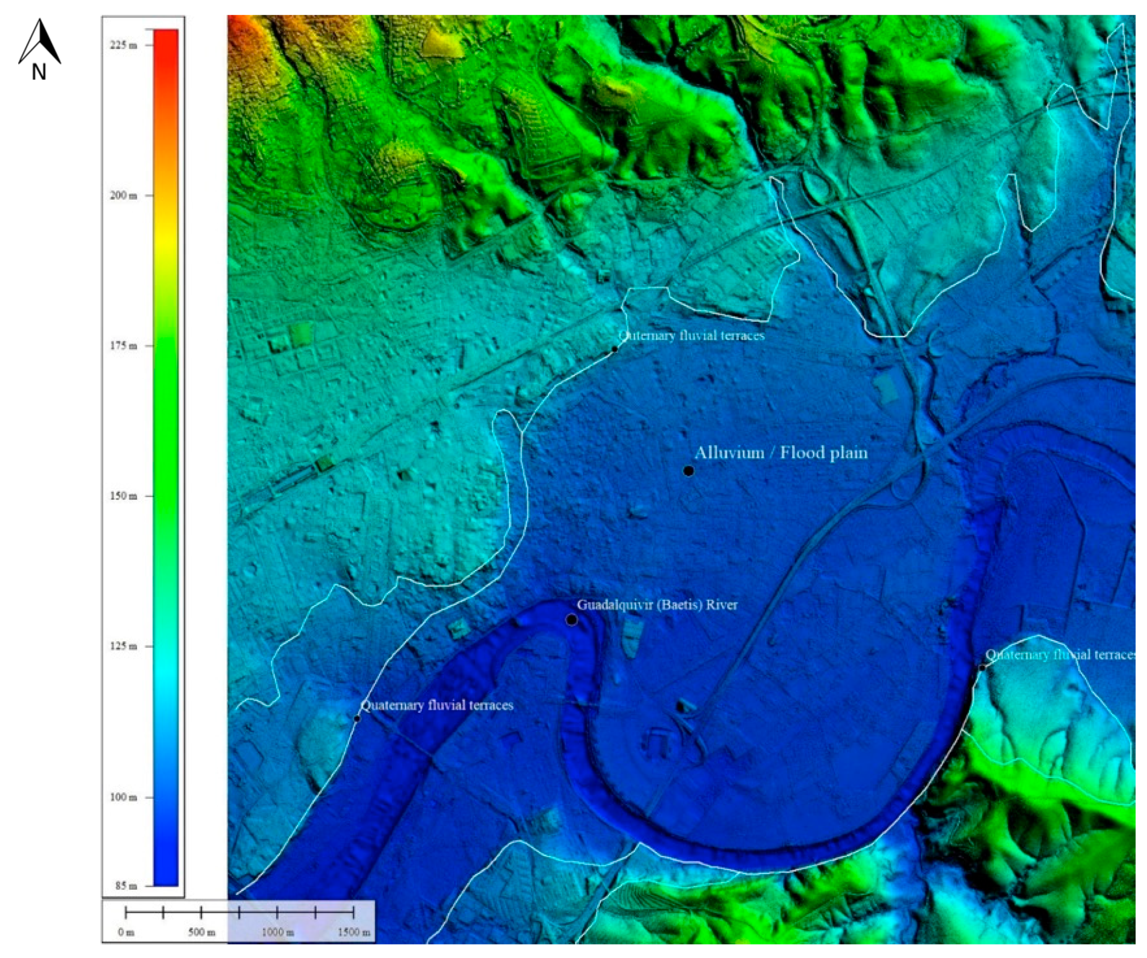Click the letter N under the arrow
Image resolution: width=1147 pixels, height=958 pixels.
click(39, 72)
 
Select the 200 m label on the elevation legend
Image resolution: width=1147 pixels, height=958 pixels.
click(123, 195)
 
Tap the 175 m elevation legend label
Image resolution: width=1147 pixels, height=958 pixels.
click(123, 345)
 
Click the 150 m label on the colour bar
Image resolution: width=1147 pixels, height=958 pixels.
click(123, 496)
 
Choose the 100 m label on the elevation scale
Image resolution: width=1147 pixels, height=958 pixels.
click(123, 797)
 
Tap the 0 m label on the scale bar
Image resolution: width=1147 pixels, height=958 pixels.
click(126, 932)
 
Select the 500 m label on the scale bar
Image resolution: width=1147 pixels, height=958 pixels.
click(201, 932)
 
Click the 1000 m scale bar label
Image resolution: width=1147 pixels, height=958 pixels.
click(278, 932)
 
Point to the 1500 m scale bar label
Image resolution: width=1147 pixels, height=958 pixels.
click(354, 932)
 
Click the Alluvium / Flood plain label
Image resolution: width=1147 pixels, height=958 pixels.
click(781, 453)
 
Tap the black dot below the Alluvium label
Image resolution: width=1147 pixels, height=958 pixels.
click(689, 470)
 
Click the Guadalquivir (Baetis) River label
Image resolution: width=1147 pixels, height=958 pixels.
click(657, 605)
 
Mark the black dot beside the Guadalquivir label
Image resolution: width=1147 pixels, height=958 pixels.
click(571, 620)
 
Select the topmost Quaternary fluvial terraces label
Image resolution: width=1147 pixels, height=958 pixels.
click(691, 335)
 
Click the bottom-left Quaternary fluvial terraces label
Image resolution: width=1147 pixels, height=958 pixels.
click(438, 705)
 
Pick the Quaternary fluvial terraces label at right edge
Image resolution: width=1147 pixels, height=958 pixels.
click(1060, 655)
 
